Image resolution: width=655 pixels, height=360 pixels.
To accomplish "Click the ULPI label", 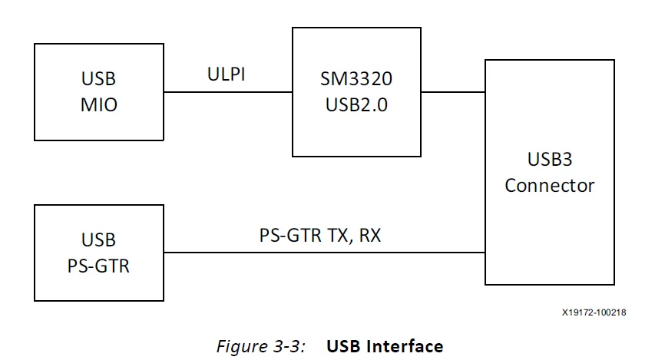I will click(x=227, y=74).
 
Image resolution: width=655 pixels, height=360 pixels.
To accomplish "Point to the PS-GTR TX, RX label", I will click(x=319, y=236).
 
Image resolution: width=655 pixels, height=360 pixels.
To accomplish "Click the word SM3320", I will click(x=356, y=79).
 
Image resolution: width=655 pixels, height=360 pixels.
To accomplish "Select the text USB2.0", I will click(x=356, y=104).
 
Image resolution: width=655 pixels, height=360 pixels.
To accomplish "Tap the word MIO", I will click(x=99, y=104).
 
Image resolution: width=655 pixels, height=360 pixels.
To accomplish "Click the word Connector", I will click(x=549, y=185).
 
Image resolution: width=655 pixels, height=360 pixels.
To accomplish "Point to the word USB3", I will click(x=550, y=160).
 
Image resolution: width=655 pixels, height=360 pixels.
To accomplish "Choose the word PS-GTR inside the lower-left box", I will click(x=99, y=266).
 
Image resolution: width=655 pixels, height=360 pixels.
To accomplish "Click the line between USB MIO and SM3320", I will click(x=227, y=92).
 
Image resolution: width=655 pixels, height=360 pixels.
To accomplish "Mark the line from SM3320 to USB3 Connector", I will click(x=453, y=92).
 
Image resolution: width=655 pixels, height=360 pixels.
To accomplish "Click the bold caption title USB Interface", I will click(x=385, y=345).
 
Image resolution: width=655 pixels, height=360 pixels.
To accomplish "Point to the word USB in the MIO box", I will click(x=99, y=79).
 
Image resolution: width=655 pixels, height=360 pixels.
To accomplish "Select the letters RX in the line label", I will click(x=369, y=236).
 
